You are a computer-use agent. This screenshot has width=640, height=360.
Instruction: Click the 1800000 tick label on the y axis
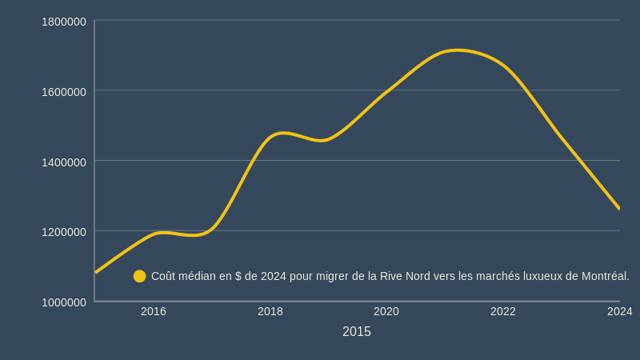click(64, 22)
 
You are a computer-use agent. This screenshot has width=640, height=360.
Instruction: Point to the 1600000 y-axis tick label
click(64, 92)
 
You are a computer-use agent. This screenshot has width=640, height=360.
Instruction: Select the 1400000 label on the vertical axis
click(64, 162)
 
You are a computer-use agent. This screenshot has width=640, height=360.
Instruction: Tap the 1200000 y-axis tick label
click(64, 232)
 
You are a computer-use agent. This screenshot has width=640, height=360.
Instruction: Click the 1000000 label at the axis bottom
click(64, 302)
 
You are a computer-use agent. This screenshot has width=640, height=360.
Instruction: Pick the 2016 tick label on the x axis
click(154, 311)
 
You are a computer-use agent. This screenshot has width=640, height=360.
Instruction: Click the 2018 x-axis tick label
click(270, 311)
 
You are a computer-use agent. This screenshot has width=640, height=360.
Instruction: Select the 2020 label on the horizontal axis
click(386, 311)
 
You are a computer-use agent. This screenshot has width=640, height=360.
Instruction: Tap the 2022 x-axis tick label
click(503, 311)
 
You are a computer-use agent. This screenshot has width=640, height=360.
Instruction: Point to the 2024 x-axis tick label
click(619, 311)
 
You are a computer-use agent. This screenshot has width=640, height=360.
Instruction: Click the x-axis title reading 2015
click(356, 331)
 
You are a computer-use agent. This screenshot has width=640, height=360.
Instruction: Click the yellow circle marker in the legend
click(139, 276)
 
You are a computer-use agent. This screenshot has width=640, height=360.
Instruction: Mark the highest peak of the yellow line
click(458, 50)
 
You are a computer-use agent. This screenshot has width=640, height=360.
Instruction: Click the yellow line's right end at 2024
click(619, 208)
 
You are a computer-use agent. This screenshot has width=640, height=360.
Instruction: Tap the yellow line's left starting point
click(95, 272)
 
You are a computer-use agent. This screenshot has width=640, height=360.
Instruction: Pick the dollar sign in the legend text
click(238, 276)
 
